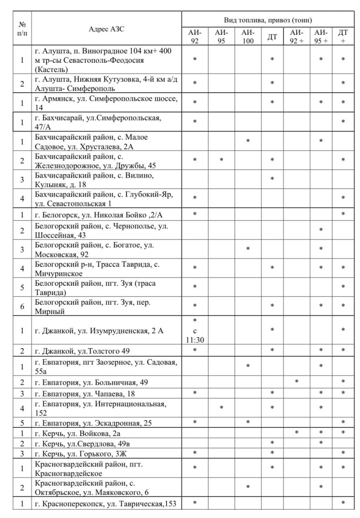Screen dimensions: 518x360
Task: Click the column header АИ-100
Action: coord(248,37)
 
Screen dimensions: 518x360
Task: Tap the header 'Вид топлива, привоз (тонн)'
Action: coord(268,20)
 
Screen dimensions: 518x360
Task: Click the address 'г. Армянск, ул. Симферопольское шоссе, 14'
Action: coord(106,103)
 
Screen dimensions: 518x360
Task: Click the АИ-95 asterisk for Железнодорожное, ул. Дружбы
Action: coord(222,160)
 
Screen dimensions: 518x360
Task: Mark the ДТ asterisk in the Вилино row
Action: coord(272,179)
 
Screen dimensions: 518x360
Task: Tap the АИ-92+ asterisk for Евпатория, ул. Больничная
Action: coord(296,382)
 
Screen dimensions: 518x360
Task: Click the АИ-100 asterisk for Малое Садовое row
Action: coord(248,141)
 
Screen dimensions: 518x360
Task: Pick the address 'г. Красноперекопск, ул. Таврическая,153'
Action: coord(106,503)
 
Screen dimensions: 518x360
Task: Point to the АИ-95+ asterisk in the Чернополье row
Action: coord(321,230)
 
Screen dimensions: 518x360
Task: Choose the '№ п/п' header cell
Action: coord(22,28)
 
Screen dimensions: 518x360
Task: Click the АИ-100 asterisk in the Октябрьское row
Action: coord(248,487)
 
